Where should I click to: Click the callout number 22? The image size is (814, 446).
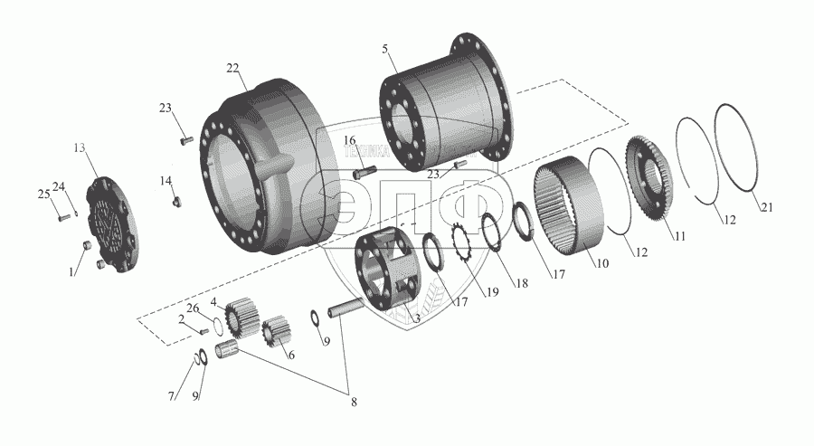[233, 69]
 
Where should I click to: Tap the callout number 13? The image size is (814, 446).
[80, 148]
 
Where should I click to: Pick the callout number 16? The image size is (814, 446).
[350, 140]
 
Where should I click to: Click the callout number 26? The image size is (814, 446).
[193, 308]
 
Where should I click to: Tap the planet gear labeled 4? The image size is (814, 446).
[241, 317]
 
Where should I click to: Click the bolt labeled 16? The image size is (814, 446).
[361, 171]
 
